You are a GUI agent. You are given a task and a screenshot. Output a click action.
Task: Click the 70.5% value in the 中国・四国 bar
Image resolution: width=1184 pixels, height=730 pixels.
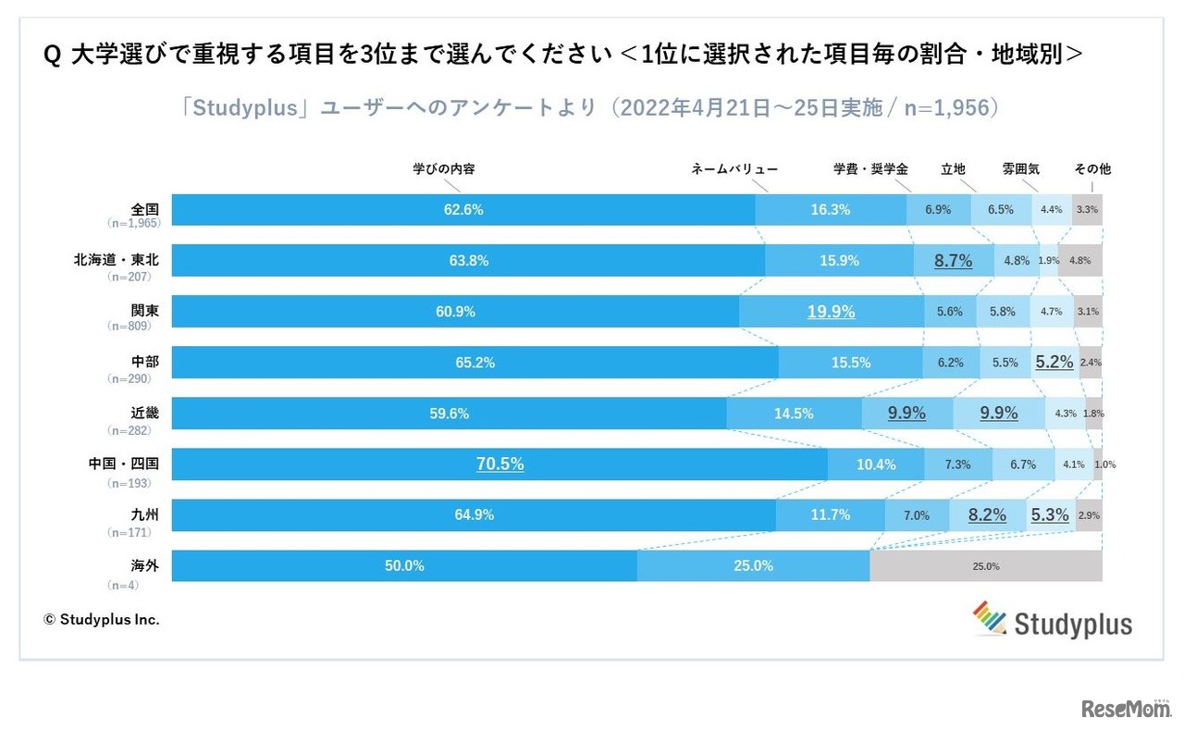(x=499, y=464)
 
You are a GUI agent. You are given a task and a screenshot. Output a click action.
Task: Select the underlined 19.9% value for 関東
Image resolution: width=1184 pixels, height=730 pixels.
(x=831, y=312)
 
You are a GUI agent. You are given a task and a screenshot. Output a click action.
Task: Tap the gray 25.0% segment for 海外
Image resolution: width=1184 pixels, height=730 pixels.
(x=985, y=566)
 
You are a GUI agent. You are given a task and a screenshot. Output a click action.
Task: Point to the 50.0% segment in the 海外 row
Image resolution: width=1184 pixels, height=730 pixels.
(x=404, y=566)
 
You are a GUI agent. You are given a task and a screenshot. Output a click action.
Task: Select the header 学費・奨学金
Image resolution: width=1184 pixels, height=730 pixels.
(x=870, y=169)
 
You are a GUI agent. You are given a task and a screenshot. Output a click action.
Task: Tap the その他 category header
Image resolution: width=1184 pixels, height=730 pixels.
(x=1092, y=169)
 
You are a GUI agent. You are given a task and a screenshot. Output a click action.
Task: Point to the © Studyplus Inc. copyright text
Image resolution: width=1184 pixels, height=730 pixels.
(x=102, y=620)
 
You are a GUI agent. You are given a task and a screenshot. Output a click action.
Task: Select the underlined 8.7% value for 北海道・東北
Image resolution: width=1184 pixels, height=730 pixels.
(x=953, y=261)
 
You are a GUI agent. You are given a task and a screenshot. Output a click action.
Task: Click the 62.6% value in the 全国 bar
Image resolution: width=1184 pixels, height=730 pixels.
(x=463, y=210)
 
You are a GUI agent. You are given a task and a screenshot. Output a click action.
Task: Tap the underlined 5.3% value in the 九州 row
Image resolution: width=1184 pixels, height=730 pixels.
(x=1050, y=515)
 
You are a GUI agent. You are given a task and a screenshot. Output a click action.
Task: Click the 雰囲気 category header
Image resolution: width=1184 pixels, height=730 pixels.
(x=1020, y=169)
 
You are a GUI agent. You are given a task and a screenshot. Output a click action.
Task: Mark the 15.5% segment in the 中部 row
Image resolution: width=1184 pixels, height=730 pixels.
(x=850, y=363)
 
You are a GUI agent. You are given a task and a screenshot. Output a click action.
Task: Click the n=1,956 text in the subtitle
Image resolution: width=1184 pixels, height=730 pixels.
(x=943, y=108)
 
